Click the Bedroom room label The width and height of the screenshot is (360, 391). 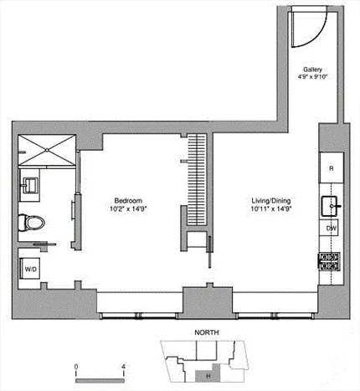(x=127, y=200)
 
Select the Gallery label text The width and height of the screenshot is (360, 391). (x=314, y=69)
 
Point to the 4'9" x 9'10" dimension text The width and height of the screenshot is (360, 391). (x=314, y=77)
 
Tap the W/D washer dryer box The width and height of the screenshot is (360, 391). (x=30, y=270)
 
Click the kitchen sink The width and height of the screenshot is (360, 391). (x=330, y=204)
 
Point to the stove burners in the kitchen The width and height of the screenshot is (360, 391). (x=329, y=260)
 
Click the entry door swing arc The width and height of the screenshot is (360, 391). (x=303, y=32)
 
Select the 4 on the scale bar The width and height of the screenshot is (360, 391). (x=122, y=367)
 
